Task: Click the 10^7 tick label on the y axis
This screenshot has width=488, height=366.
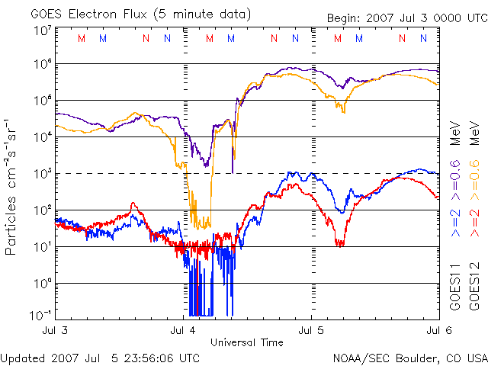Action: coord(41,30)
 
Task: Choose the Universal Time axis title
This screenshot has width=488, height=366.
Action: coord(247,342)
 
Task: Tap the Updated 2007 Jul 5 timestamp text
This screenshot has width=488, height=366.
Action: coord(101,358)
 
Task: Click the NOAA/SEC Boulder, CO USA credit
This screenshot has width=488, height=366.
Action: coord(409,358)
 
